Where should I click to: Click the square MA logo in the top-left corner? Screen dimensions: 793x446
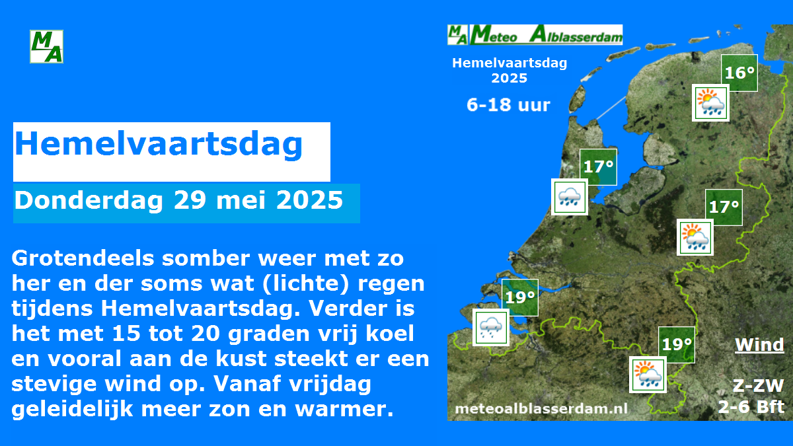click(46, 47)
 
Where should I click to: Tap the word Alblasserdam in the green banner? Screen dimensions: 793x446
click(576, 35)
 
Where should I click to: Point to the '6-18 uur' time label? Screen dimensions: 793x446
click(508, 105)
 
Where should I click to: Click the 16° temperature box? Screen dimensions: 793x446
click(739, 73)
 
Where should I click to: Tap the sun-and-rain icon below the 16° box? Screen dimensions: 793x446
click(711, 103)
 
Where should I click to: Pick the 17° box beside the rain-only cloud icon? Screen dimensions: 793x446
click(598, 167)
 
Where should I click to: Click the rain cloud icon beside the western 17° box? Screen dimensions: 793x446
click(570, 197)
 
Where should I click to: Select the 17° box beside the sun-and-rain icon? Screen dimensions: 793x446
click(724, 207)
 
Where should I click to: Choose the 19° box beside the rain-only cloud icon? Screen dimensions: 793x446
click(520, 297)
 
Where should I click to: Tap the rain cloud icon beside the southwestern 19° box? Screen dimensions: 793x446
click(491, 328)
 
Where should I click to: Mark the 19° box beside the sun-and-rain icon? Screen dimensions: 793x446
click(677, 345)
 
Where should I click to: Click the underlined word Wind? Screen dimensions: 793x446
click(759, 344)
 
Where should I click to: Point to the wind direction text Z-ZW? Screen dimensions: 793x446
click(758, 385)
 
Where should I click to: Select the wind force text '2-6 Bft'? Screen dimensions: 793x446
click(751, 407)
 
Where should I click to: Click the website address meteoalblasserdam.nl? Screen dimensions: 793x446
click(541, 409)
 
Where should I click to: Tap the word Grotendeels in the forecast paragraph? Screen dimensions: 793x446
click(83, 258)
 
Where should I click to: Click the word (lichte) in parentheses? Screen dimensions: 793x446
click(306, 283)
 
